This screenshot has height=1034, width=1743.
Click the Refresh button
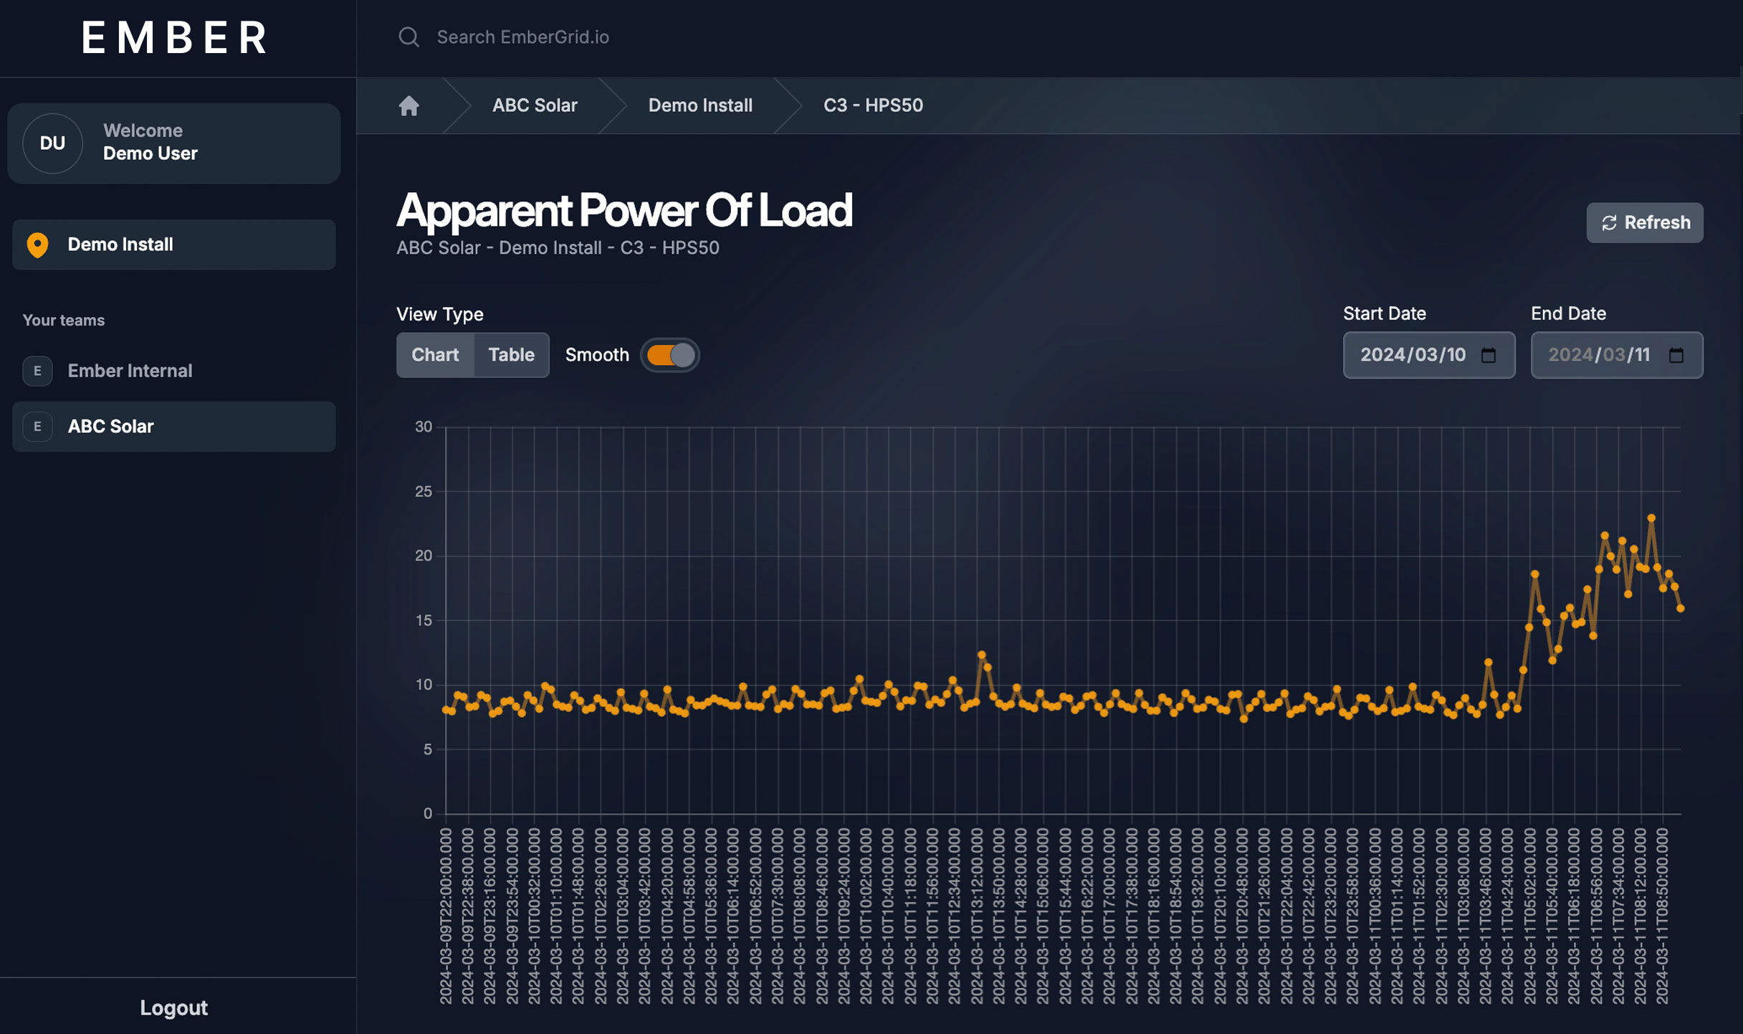coord(1644,222)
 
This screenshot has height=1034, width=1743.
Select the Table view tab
coord(511,355)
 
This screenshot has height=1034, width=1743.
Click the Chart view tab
coord(435,355)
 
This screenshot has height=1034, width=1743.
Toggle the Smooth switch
coord(670,355)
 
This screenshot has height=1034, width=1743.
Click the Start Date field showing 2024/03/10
coord(1413,355)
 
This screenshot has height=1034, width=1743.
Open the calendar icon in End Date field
coord(1676,355)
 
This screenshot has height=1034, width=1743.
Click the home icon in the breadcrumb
coord(409,105)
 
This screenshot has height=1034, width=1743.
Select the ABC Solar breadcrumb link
coord(534,105)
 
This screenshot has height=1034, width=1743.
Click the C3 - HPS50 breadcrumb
coord(872,105)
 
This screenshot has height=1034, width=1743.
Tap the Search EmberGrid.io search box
coord(522,37)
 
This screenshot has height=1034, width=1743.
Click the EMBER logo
coord(174,37)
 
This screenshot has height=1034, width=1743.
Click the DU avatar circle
coord(52,143)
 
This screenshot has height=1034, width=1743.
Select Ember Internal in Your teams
coord(130,371)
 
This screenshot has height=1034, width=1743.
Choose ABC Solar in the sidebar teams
coord(110,427)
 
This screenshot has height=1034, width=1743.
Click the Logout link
coord(173,1007)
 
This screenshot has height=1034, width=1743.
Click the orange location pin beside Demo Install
coord(37,245)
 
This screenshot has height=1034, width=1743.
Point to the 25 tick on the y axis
coord(424,491)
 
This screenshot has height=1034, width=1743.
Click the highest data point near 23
coord(1651,518)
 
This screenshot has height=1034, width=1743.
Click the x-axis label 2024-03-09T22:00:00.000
coord(445,916)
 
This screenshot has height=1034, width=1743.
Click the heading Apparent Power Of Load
coord(624,211)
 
